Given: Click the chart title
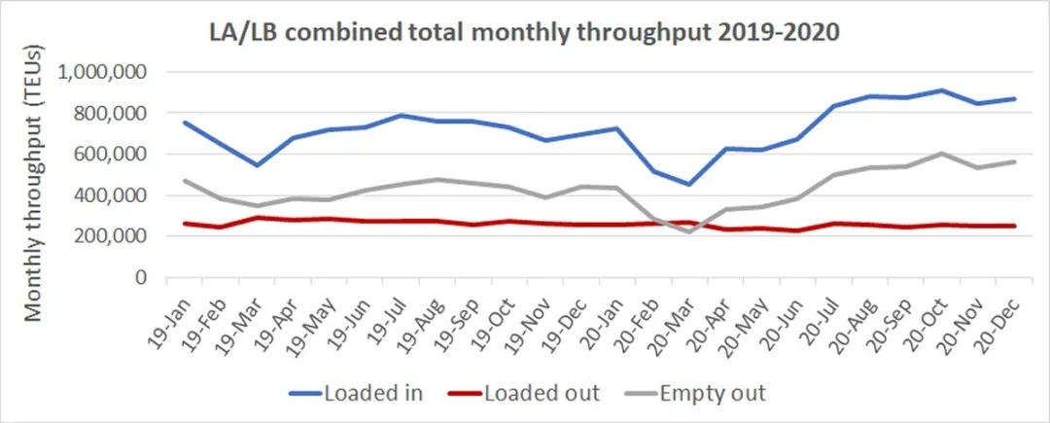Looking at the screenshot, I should pyautogui.click(x=524, y=31).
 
